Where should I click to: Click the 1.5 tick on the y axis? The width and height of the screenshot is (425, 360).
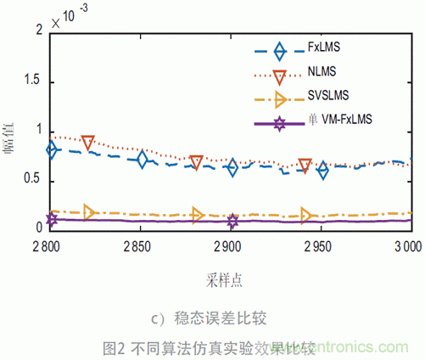pos(34,82)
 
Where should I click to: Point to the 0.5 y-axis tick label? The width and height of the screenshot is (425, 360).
pos(34,181)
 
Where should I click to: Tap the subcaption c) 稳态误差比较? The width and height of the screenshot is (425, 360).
pos(210,319)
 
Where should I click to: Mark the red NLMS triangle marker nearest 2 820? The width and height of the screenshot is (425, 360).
pos(87,143)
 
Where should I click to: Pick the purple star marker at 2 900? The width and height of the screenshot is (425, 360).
pos(232,222)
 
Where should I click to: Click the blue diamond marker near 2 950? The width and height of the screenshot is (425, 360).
pos(322,171)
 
